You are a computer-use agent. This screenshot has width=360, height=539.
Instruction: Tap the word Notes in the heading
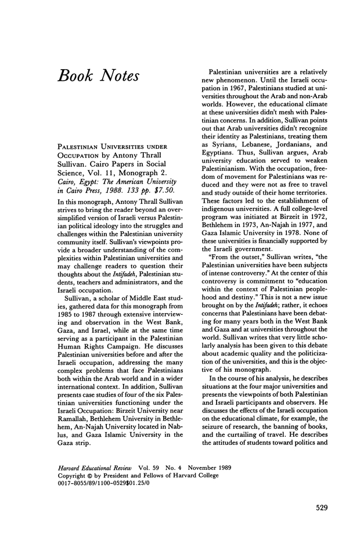[124, 76]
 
